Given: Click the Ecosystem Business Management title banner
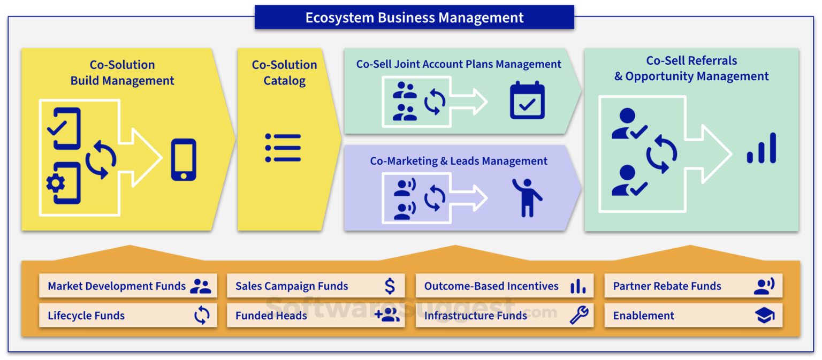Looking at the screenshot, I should click(414, 17).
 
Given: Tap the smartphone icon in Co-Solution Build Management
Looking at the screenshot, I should click(184, 159).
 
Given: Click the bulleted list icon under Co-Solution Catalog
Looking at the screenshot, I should click(283, 148).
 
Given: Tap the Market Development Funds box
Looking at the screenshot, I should click(128, 286).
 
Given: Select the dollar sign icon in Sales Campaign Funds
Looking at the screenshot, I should click(390, 286).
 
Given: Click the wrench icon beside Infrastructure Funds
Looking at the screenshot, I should click(579, 315).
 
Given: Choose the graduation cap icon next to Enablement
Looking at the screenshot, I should click(765, 316).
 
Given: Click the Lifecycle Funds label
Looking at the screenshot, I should click(86, 316).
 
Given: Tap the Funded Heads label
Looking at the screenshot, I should click(271, 316).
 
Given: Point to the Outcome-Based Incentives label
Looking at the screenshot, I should click(491, 286).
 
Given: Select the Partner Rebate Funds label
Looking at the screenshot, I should click(667, 286).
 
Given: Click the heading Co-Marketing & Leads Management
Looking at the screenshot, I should click(459, 161).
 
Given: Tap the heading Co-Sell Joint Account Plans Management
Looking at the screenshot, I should click(459, 64).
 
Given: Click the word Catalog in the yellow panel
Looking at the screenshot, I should click(285, 81).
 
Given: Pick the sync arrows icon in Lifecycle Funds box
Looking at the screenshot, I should click(202, 316).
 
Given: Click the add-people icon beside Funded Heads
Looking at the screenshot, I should click(387, 316).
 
